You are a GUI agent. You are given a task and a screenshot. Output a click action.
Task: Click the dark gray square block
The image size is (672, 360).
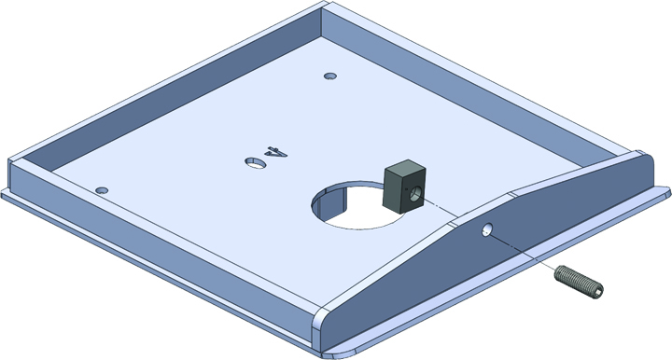pyautogui.click(x=404, y=187)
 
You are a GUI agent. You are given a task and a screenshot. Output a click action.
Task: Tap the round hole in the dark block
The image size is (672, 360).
pyautogui.click(x=415, y=194)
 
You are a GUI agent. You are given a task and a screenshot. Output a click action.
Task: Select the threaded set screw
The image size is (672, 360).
pyautogui.click(x=579, y=282)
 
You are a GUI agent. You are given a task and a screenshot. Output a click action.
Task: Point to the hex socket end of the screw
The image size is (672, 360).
pyautogui.click(x=598, y=291)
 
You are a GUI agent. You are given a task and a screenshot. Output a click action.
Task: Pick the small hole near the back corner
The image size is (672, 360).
pyautogui.click(x=330, y=76)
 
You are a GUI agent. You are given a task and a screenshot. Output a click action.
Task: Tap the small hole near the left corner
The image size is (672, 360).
pyautogui.click(x=102, y=190)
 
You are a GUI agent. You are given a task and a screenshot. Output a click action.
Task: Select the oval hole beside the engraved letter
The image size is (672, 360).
pyautogui.click(x=255, y=162)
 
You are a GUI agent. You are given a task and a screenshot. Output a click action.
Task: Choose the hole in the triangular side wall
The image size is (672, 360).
pyautogui.click(x=487, y=229)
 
